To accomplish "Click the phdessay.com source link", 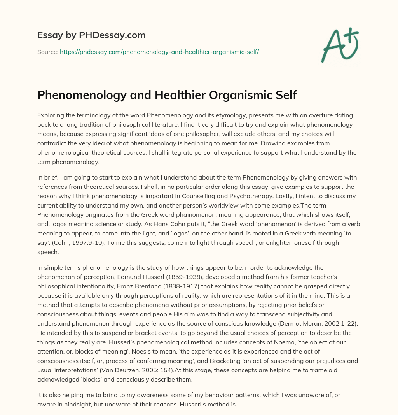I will (159, 52).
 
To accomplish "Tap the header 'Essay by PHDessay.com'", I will (91, 35).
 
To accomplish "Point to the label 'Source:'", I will (48, 52).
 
